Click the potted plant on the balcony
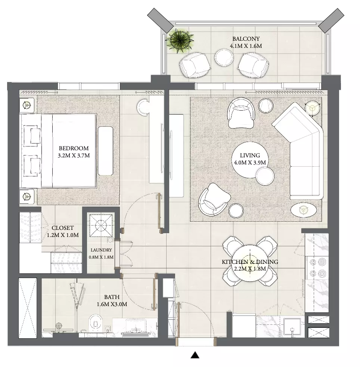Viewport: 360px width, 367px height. pyautogui.click(x=180, y=41)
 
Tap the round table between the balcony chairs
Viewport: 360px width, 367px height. pyautogui.click(x=224, y=57)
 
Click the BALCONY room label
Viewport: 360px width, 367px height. pyautogui.click(x=246, y=39)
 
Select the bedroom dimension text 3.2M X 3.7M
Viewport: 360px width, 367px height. pyautogui.click(x=74, y=155)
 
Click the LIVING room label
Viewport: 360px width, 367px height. pyautogui.click(x=250, y=155)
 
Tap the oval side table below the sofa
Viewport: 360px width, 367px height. pyautogui.click(x=304, y=210)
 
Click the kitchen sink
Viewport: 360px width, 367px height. pyautogui.click(x=292, y=327)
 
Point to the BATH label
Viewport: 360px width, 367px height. pyautogui.click(x=112, y=297)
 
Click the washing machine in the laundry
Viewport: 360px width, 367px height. pyautogui.click(x=101, y=225)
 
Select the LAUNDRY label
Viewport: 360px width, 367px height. pyautogui.click(x=101, y=250)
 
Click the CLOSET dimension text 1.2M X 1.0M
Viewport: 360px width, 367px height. pyautogui.click(x=63, y=235)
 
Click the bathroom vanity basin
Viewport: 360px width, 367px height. pyautogui.click(x=136, y=327)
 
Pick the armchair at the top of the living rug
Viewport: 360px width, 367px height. pyautogui.click(x=241, y=113)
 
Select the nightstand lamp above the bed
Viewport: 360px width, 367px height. pyautogui.click(x=27, y=105)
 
